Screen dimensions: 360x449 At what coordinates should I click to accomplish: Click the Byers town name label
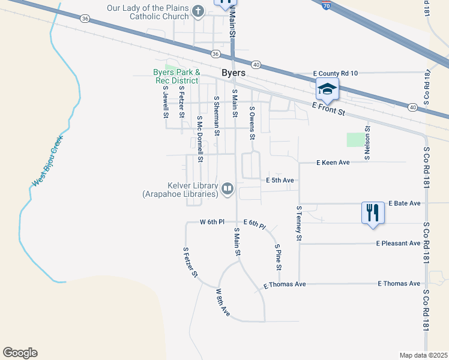[234, 73]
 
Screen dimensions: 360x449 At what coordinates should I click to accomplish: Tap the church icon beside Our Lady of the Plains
[199, 11]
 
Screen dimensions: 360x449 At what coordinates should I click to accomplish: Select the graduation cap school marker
[327, 89]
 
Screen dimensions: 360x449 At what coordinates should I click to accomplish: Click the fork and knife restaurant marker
[372, 212]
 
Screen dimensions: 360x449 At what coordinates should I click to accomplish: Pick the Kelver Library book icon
[228, 190]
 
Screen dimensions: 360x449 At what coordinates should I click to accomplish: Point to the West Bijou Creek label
[47, 161]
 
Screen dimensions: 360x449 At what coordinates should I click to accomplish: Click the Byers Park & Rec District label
[175, 77]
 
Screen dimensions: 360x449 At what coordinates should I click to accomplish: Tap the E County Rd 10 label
[336, 73]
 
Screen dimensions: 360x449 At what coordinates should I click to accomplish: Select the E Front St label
[329, 109]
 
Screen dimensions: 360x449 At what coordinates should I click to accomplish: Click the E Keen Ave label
[333, 163]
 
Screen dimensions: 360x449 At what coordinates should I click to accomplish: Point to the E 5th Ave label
[280, 180]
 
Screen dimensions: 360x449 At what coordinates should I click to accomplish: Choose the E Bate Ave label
[405, 203]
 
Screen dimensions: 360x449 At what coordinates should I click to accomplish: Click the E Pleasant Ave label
[399, 244]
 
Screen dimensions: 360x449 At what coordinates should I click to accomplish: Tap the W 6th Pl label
[212, 222]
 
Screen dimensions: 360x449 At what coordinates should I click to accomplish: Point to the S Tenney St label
[298, 223]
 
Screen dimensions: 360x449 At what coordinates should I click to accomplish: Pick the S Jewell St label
[166, 101]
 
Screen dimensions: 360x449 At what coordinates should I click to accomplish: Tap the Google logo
[20, 353]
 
